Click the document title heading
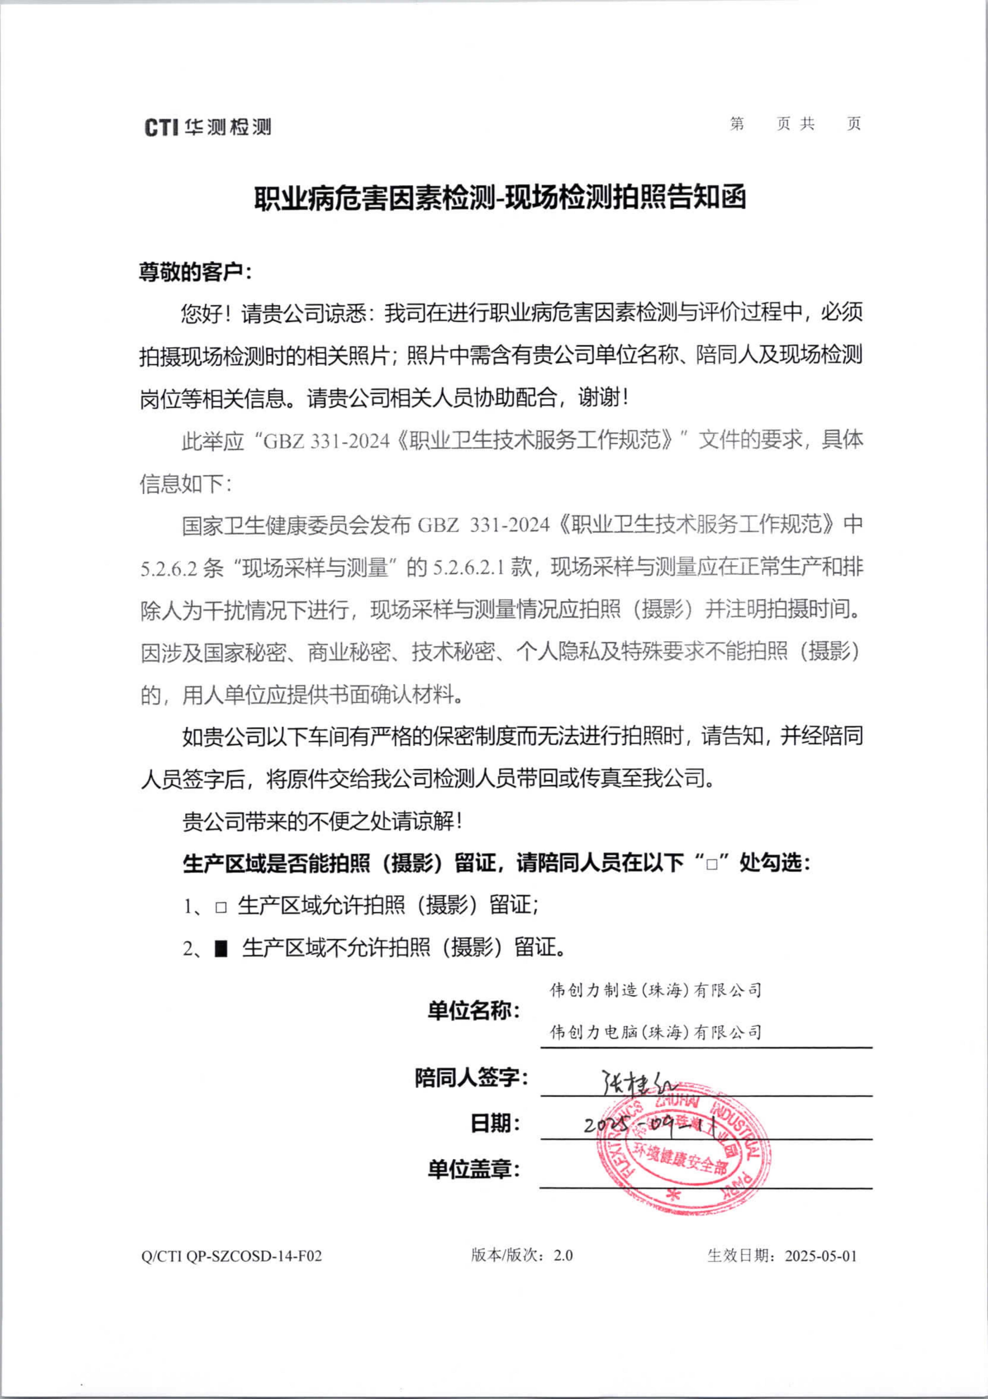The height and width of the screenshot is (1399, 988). [x=500, y=198]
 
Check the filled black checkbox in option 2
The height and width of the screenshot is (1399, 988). [x=221, y=949]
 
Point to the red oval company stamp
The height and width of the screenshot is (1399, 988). [x=682, y=1149]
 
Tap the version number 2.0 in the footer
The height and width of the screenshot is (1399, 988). [x=563, y=1255]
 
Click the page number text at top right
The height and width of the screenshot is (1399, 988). [x=795, y=124]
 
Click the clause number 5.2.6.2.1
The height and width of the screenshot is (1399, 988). [x=468, y=568]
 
